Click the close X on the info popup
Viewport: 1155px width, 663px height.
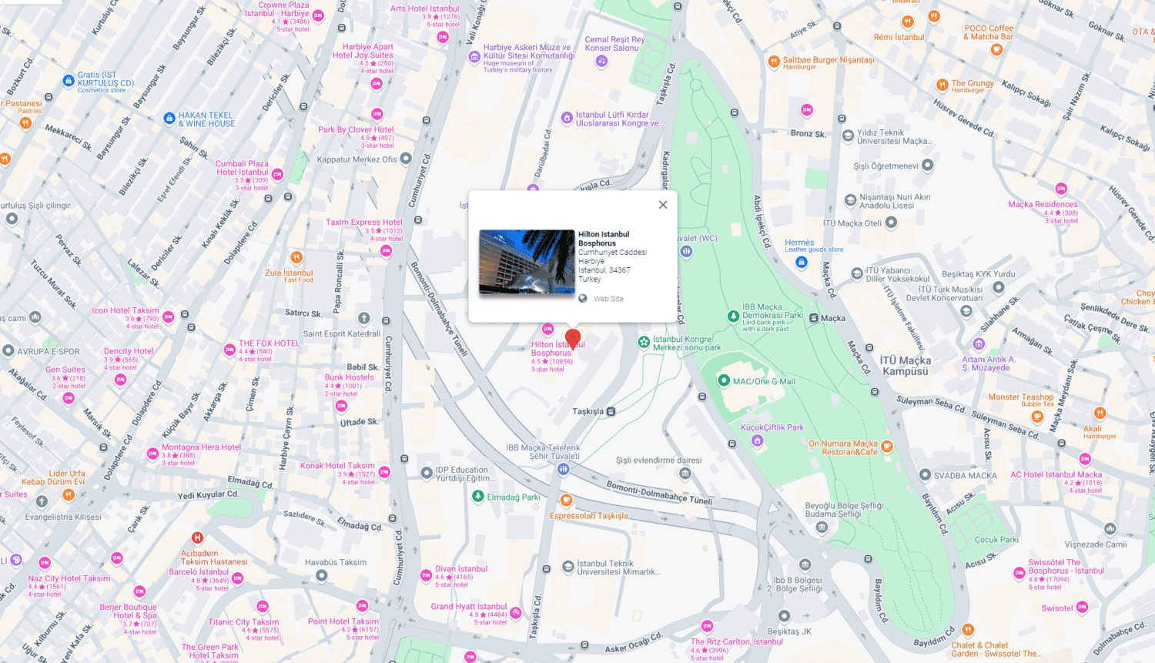pyautogui.click(x=663, y=205)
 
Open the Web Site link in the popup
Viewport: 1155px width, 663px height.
pyautogui.click(x=608, y=299)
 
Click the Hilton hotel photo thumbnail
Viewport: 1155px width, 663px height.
pyautogui.click(x=527, y=262)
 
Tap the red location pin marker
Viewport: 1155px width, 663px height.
pyautogui.click(x=573, y=338)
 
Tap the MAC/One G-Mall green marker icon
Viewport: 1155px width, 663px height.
pyautogui.click(x=724, y=380)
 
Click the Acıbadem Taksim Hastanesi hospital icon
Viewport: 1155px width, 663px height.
pyautogui.click(x=198, y=537)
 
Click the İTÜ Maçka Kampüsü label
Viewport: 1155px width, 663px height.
pyautogui.click(x=906, y=366)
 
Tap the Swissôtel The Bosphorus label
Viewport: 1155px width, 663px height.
pyautogui.click(x=1066, y=567)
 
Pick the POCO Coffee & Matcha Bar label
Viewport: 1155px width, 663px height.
pyautogui.click(x=989, y=32)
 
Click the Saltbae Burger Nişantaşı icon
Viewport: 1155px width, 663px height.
pyautogui.click(x=774, y=62)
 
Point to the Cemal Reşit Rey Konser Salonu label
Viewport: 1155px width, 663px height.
pyautogui.click(x=614, y=44)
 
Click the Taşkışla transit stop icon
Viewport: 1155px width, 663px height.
pyautogui.click(x=611, y=411)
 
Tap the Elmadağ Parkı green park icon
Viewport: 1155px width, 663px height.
pyautogui.click(x=478, y=497)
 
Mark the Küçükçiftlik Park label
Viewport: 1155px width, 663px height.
pyautogui.click(x=772, y=427)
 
